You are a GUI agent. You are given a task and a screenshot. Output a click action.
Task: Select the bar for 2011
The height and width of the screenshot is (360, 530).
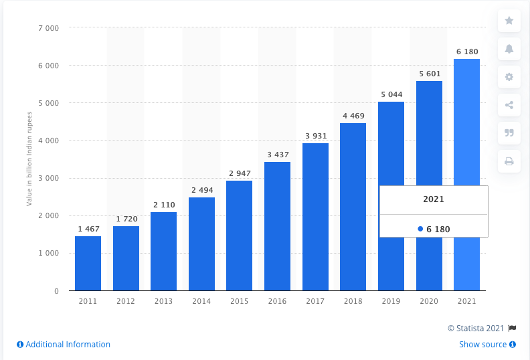point(88,264)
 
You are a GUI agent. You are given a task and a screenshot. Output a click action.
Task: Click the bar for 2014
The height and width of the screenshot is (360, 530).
point(201,244)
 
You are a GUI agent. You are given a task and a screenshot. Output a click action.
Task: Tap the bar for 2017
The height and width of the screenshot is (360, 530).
point(315,217)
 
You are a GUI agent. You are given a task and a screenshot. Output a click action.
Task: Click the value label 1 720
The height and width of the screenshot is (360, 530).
point(126,219)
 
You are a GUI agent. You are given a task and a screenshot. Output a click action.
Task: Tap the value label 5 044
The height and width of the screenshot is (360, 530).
point(391,95)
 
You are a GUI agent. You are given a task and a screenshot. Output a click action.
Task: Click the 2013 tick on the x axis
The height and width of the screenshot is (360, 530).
point(163,302)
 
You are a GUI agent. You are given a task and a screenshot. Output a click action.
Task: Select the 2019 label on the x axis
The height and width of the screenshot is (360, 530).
point(391,302)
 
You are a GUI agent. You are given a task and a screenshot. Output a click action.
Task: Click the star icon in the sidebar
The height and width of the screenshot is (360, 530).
point(509,21)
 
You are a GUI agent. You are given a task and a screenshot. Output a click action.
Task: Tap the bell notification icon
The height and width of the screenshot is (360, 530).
point(509,49)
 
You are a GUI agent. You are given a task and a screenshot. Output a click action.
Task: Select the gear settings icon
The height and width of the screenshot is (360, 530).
point(509,77)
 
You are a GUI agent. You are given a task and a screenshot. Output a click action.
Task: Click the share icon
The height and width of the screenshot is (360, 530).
point(509,105)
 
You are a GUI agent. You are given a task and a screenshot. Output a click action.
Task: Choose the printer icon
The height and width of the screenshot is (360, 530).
point(509,161)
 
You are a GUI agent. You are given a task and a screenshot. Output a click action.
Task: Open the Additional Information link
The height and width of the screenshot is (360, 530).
point(64,345)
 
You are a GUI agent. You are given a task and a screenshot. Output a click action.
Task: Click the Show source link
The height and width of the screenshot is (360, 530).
point(487,345)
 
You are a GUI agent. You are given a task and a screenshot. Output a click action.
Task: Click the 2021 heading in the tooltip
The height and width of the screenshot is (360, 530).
point(433,199)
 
